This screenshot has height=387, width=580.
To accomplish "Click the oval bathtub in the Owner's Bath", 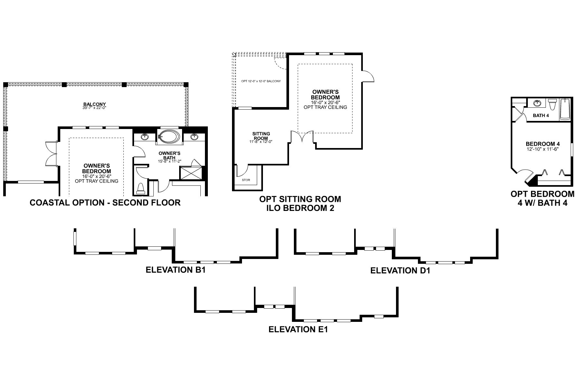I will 169,136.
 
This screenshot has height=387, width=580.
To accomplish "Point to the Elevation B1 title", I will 176,270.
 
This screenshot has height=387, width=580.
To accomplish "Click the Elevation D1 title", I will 400,271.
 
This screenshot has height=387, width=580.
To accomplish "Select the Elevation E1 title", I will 298,330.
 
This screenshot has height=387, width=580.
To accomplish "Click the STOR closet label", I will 246,180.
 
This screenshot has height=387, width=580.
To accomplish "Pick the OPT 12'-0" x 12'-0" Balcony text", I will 261,81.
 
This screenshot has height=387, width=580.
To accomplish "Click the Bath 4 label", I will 541,115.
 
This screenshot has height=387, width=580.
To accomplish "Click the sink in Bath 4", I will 537,104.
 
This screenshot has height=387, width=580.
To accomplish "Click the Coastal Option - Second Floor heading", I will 105,203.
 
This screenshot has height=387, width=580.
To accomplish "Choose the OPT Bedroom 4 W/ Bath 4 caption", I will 542,198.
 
